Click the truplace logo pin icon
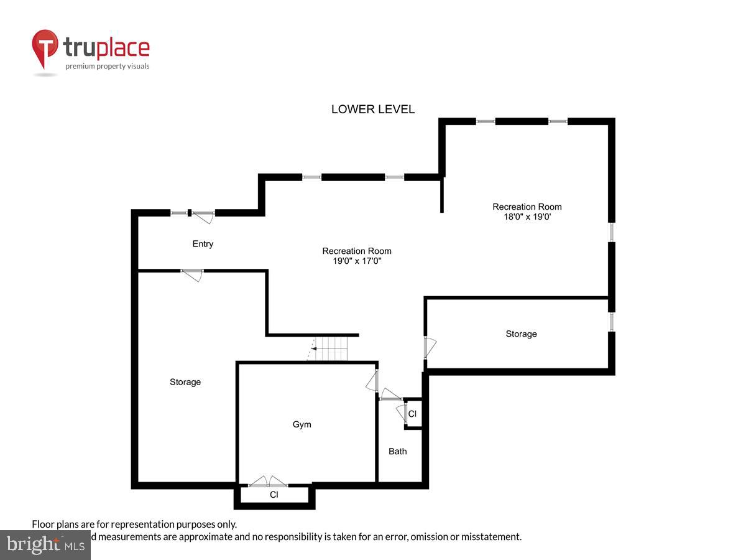coord(45,49)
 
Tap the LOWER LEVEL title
coord(373,110)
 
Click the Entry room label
coord(203,244)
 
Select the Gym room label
coord(302,424)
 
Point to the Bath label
coord(398,451)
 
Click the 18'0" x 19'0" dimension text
coord(527,217)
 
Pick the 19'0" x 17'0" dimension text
coord(357,261)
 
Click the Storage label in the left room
coord(185,382)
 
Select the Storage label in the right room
coord(521,334)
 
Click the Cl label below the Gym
coord(274,495)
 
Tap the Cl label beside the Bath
coord(412,414)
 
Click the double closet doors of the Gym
coord(268,482)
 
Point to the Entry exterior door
coord(203,216)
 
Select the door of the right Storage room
coord(429,347)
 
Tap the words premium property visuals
coord(108,66)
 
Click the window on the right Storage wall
coord(612,322)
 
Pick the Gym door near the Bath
coord(374,381)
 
